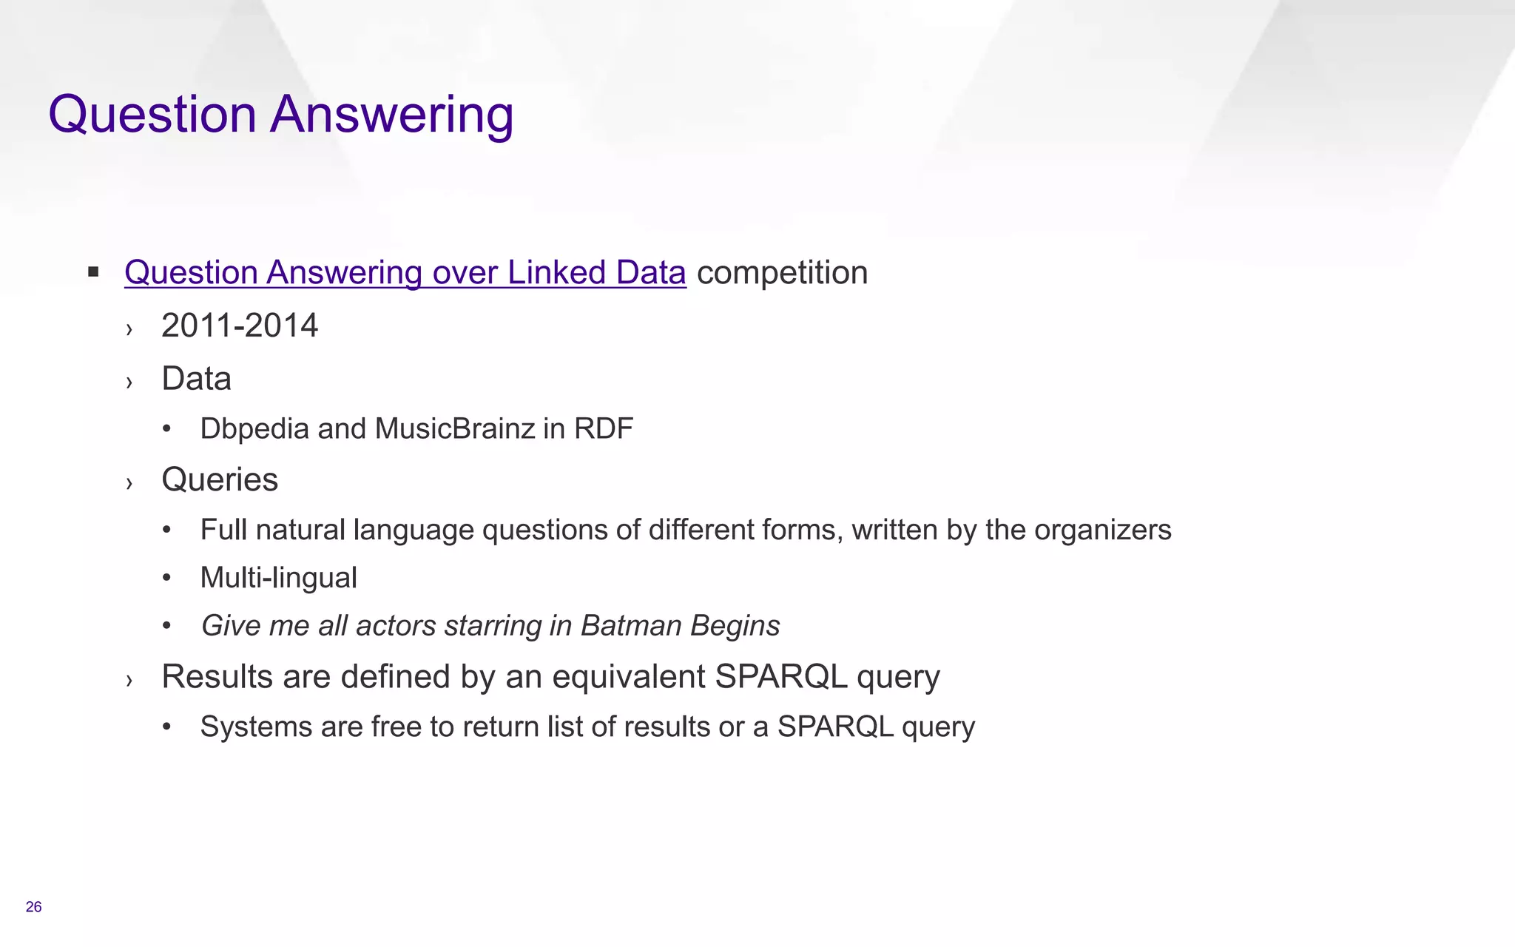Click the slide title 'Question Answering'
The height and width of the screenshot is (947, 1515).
tap(281, 115)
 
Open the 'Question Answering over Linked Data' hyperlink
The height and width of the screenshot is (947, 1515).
tap(405, 272)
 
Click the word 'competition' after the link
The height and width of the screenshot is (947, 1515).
tap(782, 272)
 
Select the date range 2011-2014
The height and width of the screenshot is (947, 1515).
tap(240, 326)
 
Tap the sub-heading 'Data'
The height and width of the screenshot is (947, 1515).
tap(196, 379)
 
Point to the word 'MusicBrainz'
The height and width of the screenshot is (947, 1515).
tap(454, 428)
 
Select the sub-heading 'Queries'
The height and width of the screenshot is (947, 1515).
tap(220, 479)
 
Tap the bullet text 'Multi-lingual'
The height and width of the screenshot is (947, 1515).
tap(278, 578)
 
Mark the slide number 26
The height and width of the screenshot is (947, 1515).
tap(33, 907)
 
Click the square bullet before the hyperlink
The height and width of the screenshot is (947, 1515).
tap(93, 272)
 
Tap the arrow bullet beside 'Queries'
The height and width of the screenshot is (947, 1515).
tap(129, 483)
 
